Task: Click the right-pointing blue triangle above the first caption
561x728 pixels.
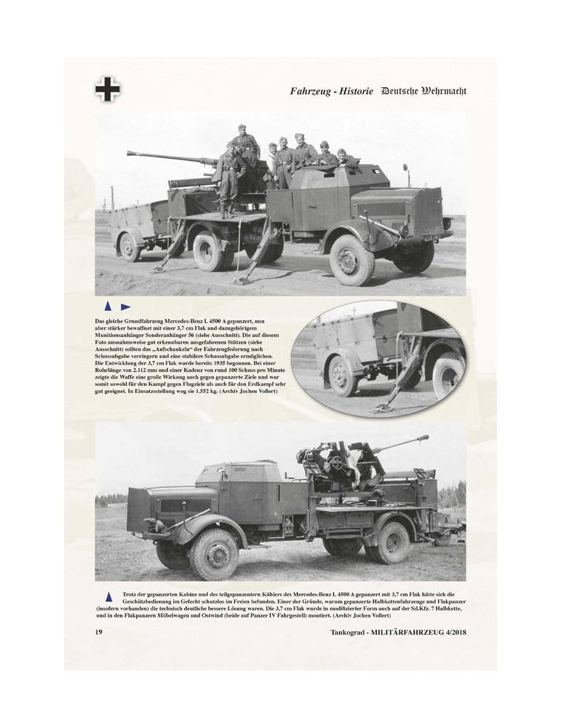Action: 126,306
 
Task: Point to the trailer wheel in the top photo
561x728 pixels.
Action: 130,246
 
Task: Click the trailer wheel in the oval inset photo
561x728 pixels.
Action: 342,376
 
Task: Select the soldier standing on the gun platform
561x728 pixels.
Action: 231,178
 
